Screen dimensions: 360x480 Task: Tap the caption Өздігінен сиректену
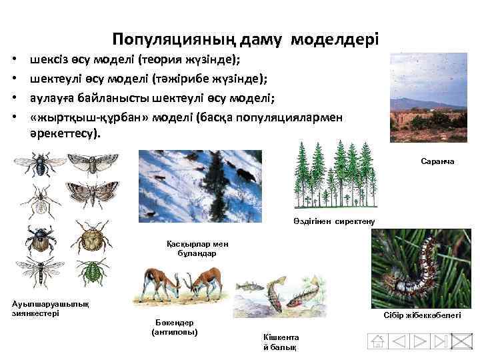point(334,220)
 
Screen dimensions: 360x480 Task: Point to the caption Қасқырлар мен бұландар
point(192,249)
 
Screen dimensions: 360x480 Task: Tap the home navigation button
point(378,341)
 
